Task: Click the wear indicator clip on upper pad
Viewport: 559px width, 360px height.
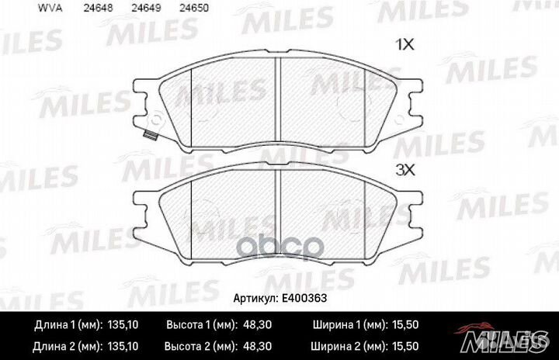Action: click(x=149, y=136)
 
